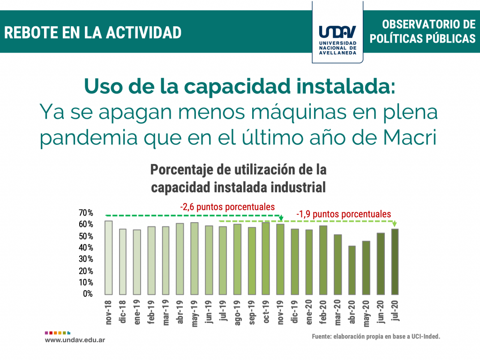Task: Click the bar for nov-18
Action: pyautogui.click(x=108, y=257)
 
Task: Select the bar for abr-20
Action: pyautogui.click(x=352, y=270)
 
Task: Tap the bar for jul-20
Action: pyautogui.click(x=395, y=262)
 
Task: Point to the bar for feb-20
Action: pyautogui.click(x=323, y=260)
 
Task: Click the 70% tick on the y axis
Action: pyautogui.click(x=86, y=213)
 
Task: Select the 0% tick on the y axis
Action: pyautogui.click(x=88, y=294)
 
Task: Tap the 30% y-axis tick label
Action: pyautogui.click(x=86, y=259)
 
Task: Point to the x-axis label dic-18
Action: pyautogui.click(x=122, y=310)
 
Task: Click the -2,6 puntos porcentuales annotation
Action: pyautogui.click(x=227, y=207)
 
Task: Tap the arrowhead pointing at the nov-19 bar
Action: pyautogui.click(x=281, y=218)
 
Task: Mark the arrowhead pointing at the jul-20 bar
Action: pyautogui.click(x=395, y=224)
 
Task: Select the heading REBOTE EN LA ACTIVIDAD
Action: pyautogui.click(x=93, y=32)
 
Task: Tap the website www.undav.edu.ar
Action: pyautogui.click(x=75, y=339)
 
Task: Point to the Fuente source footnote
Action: pyautogui.click(x=376, y=337)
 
